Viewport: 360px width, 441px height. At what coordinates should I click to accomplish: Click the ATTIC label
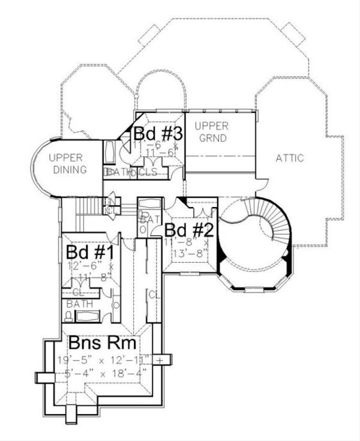coord(289,158)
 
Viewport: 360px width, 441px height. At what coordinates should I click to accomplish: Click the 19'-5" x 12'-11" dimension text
coord(106,361)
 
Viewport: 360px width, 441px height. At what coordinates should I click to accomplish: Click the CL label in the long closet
coord(153,295)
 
